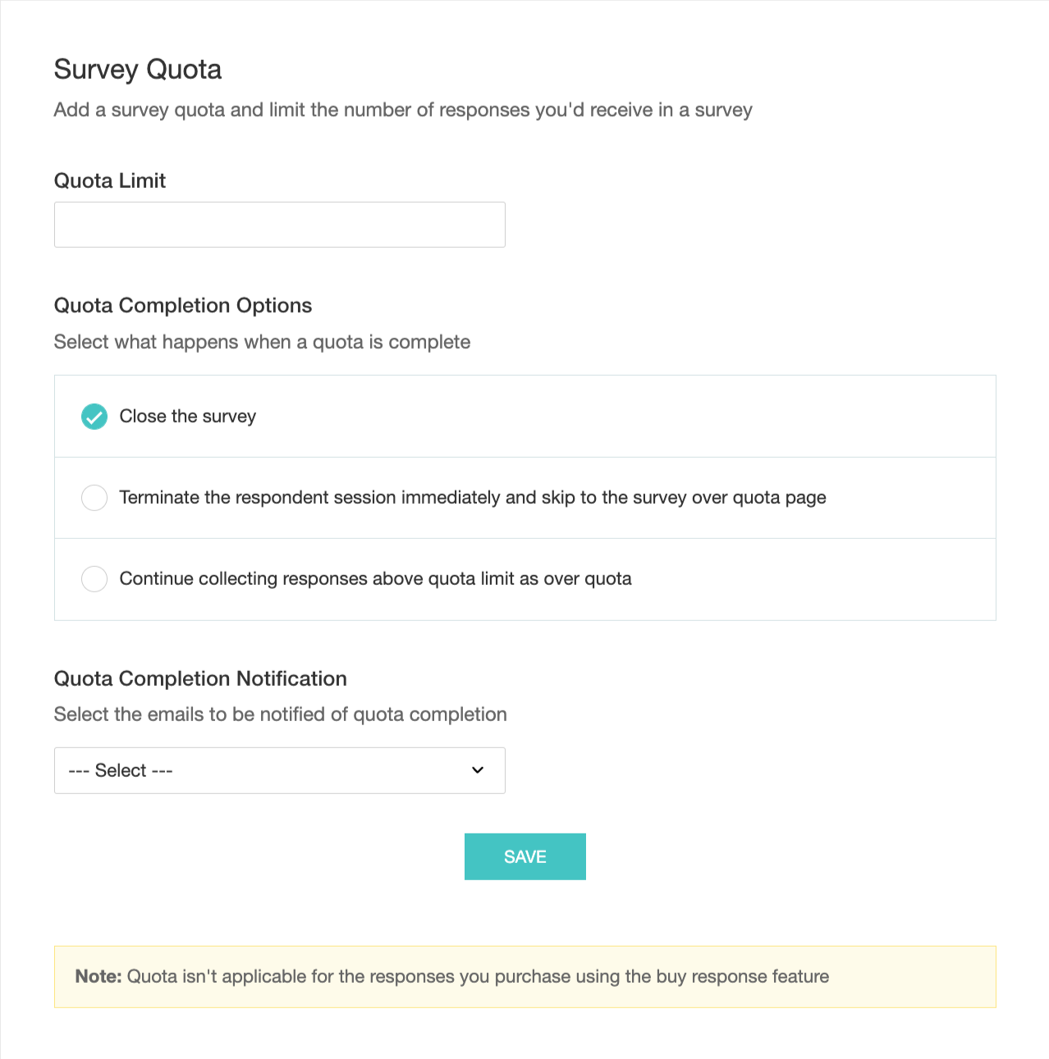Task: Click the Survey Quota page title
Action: click(x=138, y=70)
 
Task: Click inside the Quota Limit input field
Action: click(x=279, y=225)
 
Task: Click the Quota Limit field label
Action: click(x=110, y=180)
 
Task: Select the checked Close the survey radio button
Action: click(x=94, y=417)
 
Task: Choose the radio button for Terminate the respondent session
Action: click(x=94, y=498)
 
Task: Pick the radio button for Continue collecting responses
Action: click(x=94, y=579)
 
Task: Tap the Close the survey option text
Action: click(x=188, y=417)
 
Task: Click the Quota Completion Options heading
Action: click(x=183, y=306)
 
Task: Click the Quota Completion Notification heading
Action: click(x=200, y=679)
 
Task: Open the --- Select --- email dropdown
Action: click(x=279, y=770)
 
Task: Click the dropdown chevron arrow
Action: click(x=478, y=770)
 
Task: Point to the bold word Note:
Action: click(x=98, y=977)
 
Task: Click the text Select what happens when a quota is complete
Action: click(x=262, y=342)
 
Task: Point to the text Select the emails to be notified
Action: click(x=280, y=714)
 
